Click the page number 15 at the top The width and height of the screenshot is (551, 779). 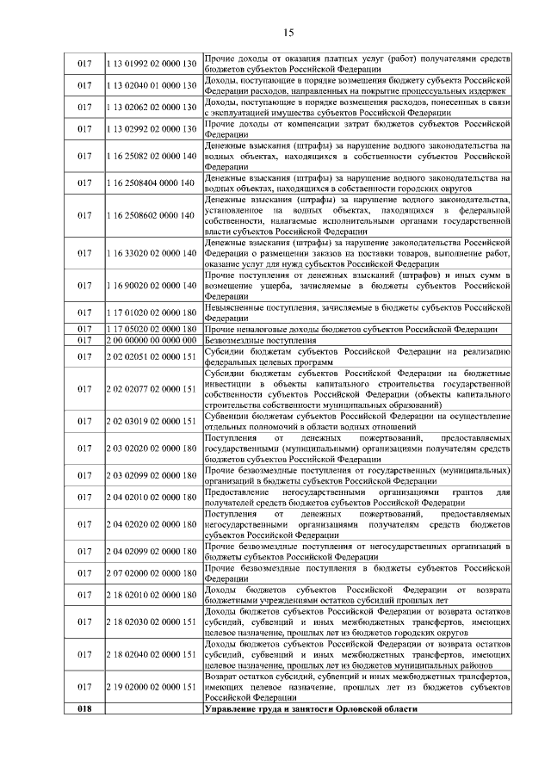[288, 33]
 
